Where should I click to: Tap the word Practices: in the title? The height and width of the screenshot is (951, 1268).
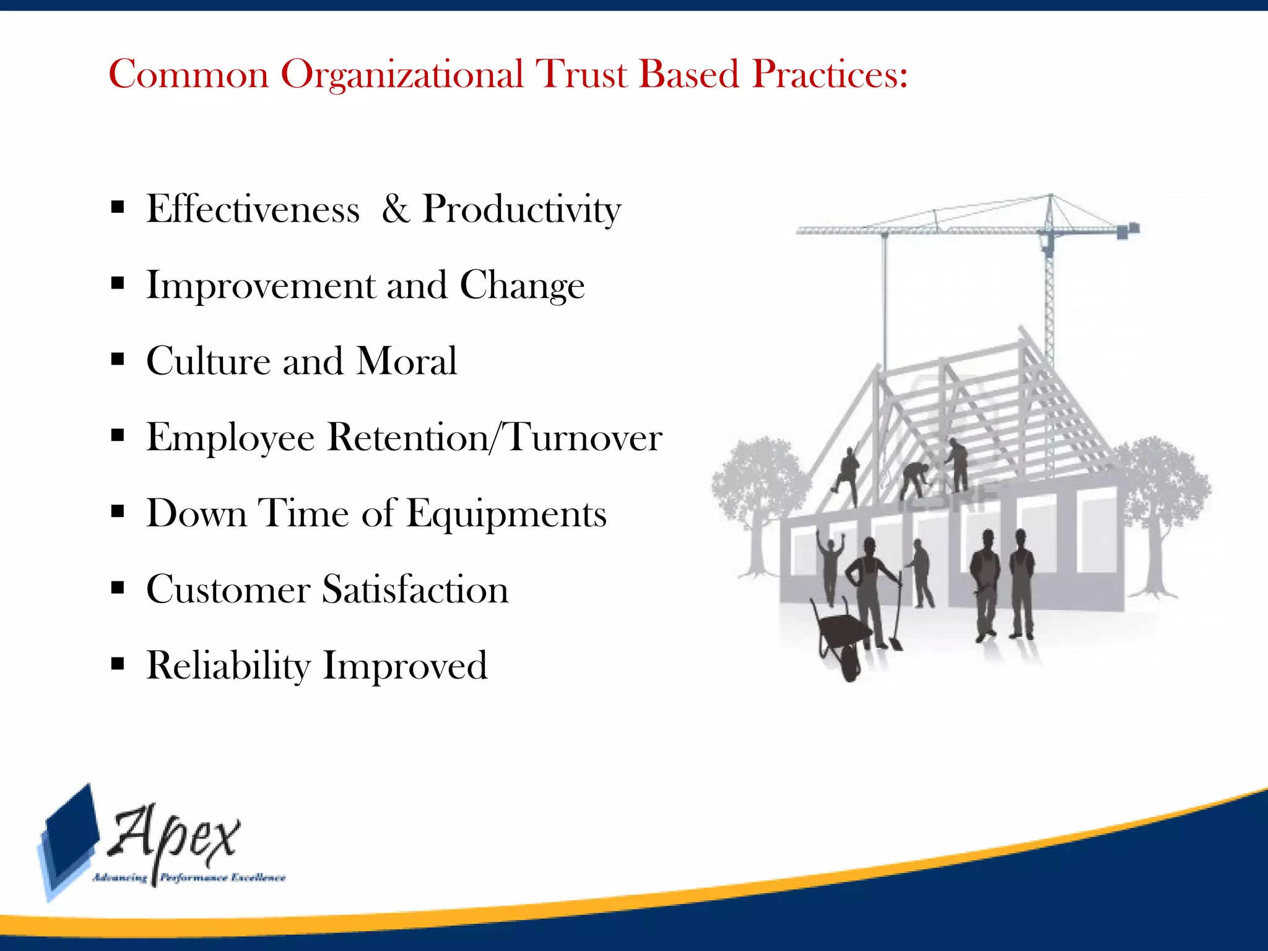click(830, 74)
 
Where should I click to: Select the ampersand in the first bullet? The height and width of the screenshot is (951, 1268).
click(395, 209)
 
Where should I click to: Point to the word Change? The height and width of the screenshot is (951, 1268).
click(522, 287)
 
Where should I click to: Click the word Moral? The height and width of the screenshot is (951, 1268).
click(407, 362)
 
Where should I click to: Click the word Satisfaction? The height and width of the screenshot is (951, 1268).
click(415, 589)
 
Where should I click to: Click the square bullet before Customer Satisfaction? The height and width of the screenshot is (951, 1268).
click(118, 588)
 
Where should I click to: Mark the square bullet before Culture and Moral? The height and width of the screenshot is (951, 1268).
click(118, 360)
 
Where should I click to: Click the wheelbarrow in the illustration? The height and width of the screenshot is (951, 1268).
click(842, 638)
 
